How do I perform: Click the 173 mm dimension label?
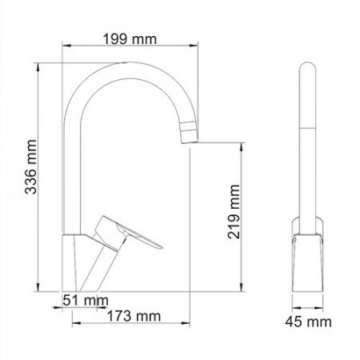[x=130, y=315]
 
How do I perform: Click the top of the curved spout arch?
[x=128, y=71]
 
